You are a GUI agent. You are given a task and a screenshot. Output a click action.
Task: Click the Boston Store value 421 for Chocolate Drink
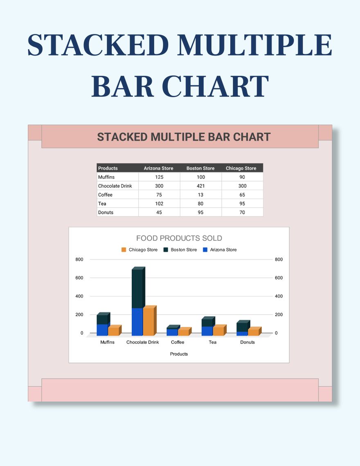[x=200, y=186]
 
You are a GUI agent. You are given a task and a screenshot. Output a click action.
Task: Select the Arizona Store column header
[x=158, y=168]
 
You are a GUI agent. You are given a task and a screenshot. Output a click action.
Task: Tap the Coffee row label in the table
[x=105, y=195]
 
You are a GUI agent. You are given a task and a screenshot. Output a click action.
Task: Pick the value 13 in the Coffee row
[x=200, y=195]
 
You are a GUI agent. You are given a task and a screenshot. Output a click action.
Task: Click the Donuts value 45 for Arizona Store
[x=159, y=212]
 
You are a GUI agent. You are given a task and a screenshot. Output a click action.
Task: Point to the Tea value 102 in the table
[x=159, y=204]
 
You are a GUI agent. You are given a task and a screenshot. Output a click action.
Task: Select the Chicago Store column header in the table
[x=241, y=168]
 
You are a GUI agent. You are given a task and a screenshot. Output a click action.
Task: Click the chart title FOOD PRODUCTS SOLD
[x=179, y=238]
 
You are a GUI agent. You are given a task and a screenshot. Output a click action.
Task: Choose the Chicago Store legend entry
[x=139, y=250]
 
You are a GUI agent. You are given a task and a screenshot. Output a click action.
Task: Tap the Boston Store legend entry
[x=180, y=250]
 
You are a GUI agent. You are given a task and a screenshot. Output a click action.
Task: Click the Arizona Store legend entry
[x=220, y=250]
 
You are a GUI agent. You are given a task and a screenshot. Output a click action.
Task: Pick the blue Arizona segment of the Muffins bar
[x=102, y=330]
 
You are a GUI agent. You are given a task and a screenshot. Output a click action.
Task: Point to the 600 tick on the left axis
[x=79, y=278]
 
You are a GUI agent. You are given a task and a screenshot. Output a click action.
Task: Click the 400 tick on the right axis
[x=279, y=296]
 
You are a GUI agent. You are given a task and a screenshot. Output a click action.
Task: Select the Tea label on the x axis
[x=212, y=342]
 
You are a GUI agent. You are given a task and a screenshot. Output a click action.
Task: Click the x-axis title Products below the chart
[x=179, y=354]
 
